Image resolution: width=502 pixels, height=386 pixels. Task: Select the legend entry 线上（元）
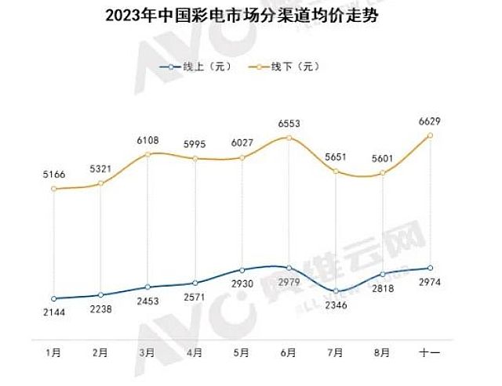195,68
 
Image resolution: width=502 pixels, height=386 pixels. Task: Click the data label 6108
148,140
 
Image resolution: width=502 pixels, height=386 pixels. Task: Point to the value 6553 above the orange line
289,124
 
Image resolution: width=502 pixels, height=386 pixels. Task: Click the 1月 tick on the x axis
53,353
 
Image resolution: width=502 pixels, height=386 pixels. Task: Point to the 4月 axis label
195,353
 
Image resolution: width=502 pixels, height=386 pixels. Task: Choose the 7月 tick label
336,353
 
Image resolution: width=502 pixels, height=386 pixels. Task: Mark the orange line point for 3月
147,154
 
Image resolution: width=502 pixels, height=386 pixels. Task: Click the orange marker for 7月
336,171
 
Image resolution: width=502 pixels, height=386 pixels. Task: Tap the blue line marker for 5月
242,270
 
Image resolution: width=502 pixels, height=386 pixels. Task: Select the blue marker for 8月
383,274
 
